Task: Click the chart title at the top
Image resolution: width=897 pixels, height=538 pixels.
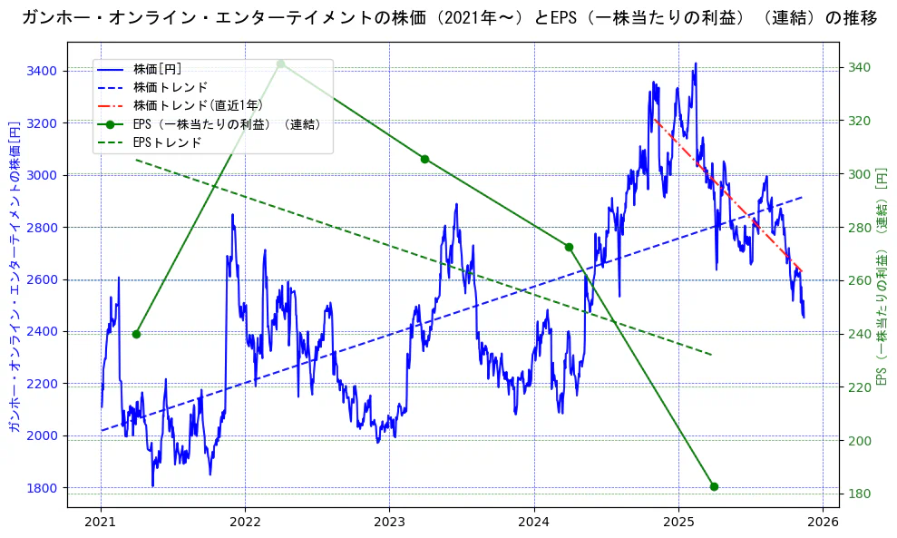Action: point(448,17)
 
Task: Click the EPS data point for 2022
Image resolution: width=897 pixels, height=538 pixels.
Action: point(280,64)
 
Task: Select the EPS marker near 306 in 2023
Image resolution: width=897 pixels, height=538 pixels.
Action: point(424,159)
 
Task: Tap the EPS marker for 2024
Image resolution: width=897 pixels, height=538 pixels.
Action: point(569,247)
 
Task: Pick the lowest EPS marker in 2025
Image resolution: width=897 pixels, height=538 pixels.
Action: point(714,486)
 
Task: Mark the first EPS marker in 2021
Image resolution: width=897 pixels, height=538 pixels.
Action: point(136,334)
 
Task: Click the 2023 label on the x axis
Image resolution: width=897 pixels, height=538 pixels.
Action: point(389,523)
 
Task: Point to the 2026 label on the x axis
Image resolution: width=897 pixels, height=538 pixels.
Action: point(822,523)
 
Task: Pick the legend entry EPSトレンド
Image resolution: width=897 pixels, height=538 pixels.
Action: point(167,142)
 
